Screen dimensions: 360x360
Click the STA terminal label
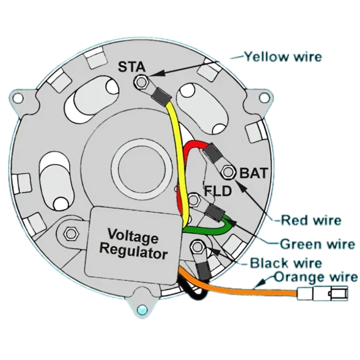coord(132,67)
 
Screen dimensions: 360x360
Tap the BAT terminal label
coord(254,174)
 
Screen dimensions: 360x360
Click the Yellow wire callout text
coord(283,57)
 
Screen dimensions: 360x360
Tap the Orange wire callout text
coord(316,277)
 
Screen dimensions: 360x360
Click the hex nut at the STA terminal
coord(140,82)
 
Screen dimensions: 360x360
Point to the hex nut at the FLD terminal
coord(194,199)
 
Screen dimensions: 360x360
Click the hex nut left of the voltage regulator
coord(69,234)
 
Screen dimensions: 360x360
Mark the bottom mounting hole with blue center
coord(143,309)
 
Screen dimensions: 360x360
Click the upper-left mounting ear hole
coord(17,97)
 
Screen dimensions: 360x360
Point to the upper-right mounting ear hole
coord(264,98)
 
